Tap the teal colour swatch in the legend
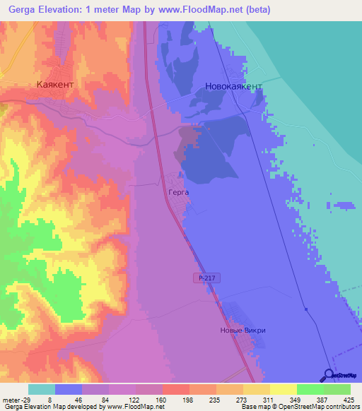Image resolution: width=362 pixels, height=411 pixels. pos(41,389)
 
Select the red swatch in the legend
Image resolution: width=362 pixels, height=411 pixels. pos(175,389)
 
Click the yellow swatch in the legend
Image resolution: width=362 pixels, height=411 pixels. pos(283,389)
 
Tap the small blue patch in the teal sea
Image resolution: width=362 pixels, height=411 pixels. pos(344,205)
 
